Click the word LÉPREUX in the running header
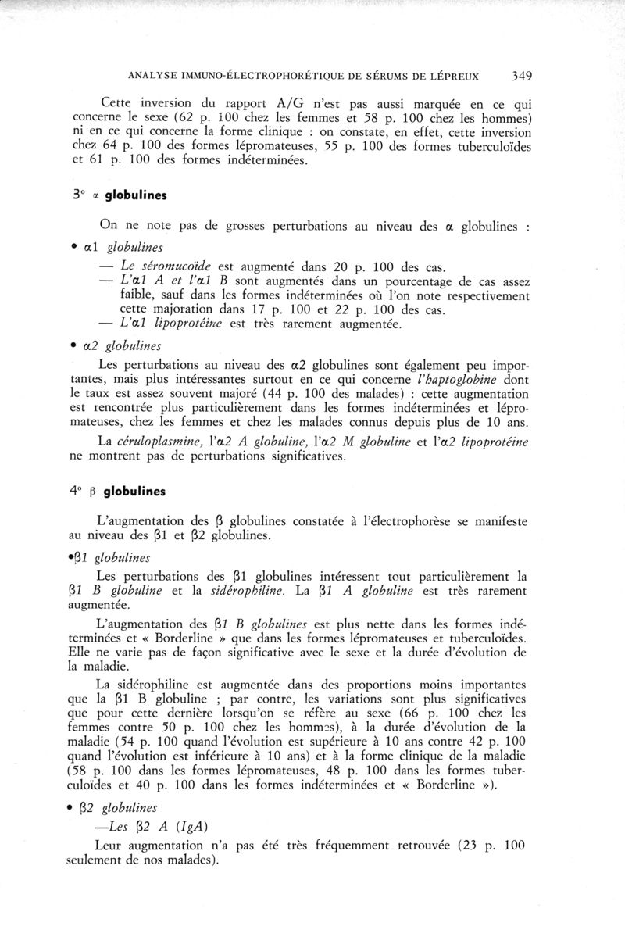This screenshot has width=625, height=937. point(452,77)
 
